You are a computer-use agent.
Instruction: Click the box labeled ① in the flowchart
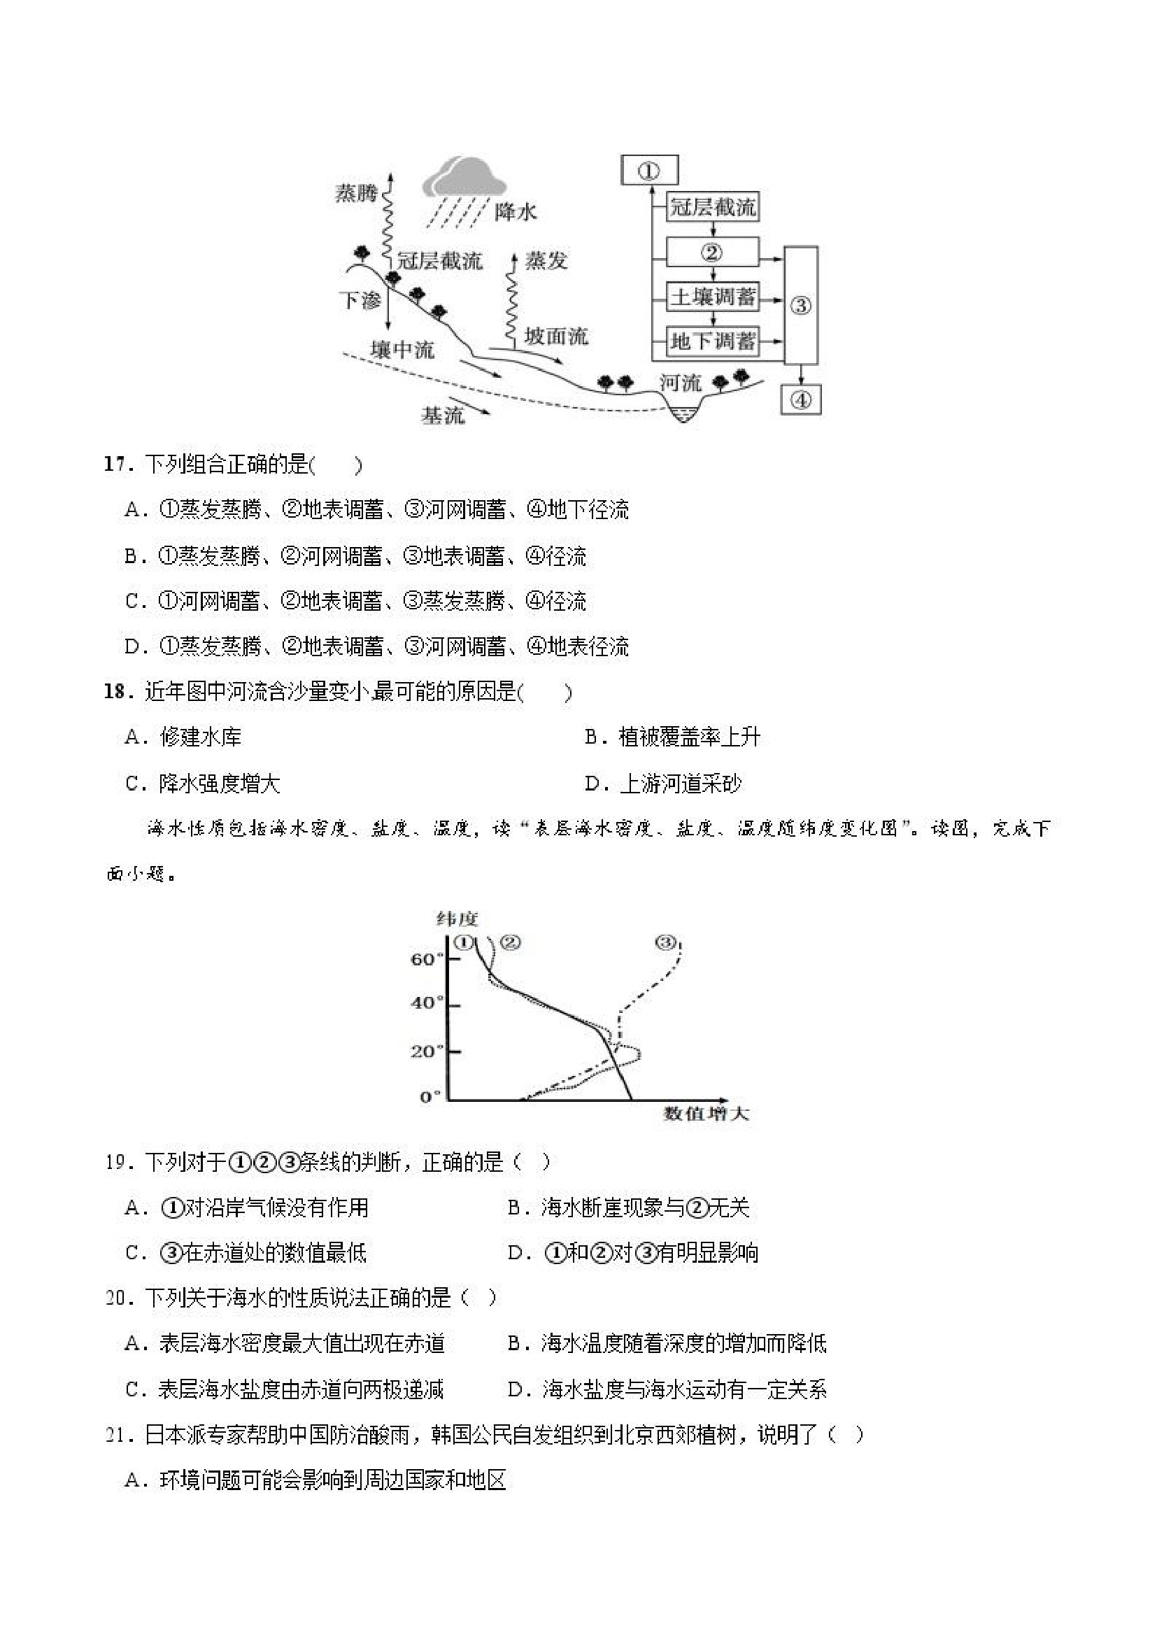point(648,171)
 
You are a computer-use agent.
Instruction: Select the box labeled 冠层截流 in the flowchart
point(711,208)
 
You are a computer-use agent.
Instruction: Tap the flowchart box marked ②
point(711,253)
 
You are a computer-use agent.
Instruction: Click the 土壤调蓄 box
point(711,297)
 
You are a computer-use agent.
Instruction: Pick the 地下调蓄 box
point(711,341)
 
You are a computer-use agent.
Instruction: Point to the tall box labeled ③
point(800,306)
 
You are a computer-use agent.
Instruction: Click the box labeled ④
point(800,400)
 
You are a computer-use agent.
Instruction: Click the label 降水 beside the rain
point(515,212)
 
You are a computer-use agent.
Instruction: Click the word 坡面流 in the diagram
point(556,336)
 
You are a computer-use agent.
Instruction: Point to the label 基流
point(442,415)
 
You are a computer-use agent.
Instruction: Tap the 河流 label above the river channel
point(680,383)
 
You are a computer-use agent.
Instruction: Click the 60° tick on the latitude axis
point(427,959)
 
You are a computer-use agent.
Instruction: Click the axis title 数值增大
point(706,1113)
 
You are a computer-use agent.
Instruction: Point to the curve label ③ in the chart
point(665,942)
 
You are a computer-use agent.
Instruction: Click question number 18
point(114,692)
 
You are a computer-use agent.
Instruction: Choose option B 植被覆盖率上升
point(672,737)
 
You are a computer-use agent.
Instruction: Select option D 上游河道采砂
point(663,784)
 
